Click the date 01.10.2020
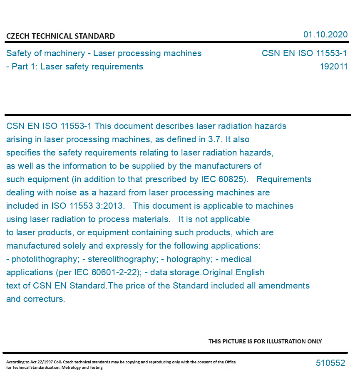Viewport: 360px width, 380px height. pos(325,35)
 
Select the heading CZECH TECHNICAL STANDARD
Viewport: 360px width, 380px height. pos(60,36)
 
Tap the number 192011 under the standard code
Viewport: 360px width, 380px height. pos(333,67)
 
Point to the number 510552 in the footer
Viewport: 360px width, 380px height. pos(330,363)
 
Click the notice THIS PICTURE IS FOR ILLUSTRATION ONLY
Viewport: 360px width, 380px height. pos(265,341)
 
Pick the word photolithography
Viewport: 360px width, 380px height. pos(45,259)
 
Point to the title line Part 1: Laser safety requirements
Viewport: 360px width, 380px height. pos(77,67)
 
